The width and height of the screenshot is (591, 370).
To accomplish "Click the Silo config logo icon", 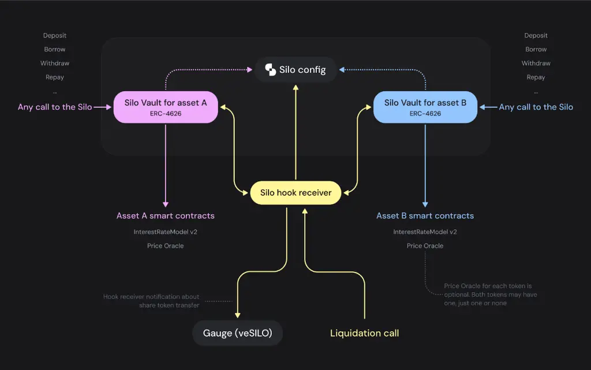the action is tap(270, 69).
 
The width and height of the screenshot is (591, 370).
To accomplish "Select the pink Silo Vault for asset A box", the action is tap(166, 107).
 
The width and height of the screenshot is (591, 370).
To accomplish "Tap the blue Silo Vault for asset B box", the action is tap(425, 107).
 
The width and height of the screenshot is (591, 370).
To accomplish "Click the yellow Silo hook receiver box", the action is tap(296, 193).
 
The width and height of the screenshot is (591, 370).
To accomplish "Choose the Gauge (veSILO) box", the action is tap(237, 333).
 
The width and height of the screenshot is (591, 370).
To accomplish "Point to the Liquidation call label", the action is tap(365, 333).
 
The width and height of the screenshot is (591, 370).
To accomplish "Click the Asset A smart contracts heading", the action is tap(166, 215).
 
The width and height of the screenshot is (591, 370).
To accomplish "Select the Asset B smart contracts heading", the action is tap(425, 215).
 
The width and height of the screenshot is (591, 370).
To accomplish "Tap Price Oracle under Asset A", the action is tap(166, 246).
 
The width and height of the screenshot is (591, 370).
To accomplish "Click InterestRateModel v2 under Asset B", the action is tap(425, 231).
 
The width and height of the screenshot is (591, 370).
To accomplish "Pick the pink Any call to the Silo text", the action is tap(55, 107).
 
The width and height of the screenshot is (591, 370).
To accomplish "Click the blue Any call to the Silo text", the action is tap(536, 107).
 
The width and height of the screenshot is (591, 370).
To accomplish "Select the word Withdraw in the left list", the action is tap(55, 63).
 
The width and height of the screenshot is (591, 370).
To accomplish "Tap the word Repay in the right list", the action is tap(536, 77).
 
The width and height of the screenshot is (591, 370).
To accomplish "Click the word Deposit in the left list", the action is tap(55, 35).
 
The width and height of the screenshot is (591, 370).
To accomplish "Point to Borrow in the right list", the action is tap(536, 50).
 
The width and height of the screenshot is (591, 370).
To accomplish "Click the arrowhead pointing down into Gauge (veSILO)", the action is tap(237, 315).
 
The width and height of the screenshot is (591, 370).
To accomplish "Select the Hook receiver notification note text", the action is tap(152, 301).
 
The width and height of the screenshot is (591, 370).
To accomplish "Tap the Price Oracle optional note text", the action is tap(491, 294).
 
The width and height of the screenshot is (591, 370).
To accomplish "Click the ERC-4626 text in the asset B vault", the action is tap(425, 113).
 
